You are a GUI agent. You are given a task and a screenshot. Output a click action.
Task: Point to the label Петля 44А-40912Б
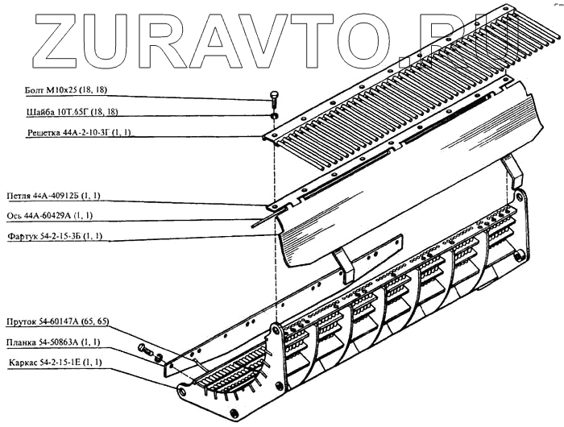coord(58,196)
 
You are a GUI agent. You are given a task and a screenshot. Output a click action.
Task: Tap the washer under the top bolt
coord(274,116)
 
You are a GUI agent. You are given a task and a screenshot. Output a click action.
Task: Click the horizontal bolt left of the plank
coord(146,350)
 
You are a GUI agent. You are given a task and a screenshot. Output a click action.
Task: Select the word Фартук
coord(23,237)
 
